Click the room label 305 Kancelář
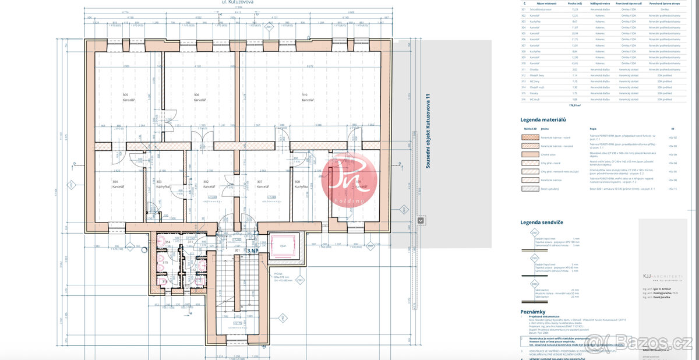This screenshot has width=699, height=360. coord(125,97)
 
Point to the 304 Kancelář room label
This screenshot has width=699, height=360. coord(118,185)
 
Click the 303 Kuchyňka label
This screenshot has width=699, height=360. coord(163,185)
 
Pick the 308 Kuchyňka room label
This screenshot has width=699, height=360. coord(301,185)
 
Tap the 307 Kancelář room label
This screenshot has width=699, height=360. coord(263,185)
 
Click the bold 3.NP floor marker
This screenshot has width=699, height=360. coord(252,251)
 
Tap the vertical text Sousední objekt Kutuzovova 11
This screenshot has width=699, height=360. coord(428,131)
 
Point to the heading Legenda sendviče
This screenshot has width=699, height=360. coord(541,223)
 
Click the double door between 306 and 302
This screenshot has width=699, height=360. coord(200,143)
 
